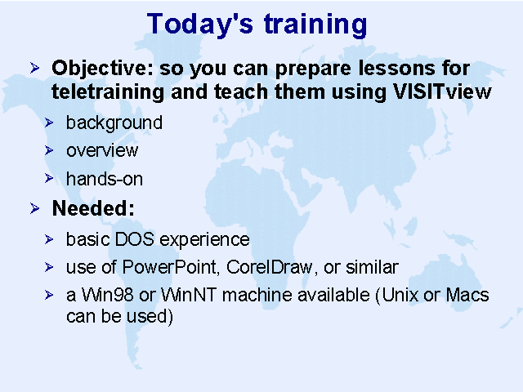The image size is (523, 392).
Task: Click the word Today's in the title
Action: pyautogui.click(x=199, y=24)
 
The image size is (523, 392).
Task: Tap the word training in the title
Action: pyautogui.click(x=315, y=24)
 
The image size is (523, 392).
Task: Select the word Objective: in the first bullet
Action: pyautogui.click(x=102, y=69)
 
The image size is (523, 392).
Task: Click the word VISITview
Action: pyautogui.click(x=442, y=91)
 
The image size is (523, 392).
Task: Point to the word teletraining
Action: pyautogui.click(x=108, y=92)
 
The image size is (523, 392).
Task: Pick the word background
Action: pyautogui.click(x=114, y=123)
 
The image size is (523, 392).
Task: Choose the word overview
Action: pyautogui.click(x=102, y=150)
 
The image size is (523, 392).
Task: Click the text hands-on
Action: pyautogui.click(x=105, y=179)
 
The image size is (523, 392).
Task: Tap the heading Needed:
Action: pyautogui.click(x=93, y=208)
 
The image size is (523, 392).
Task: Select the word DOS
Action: pyautogui.click(x=134, y=239)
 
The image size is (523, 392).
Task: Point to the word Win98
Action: pyautogui.click(x=107, y=295)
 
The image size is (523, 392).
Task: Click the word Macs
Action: pyautogui.click(x=467, y=295)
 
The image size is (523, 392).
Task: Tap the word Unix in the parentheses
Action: pyautogui.click(x=400, y=295)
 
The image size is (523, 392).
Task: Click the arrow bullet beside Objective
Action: pyautogui.click(x=34, y=68)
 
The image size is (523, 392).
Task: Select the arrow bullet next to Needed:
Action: pyautogui.click(x=34, y=208)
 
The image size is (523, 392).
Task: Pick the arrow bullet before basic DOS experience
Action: pyautogui.click(x=49, y=239)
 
